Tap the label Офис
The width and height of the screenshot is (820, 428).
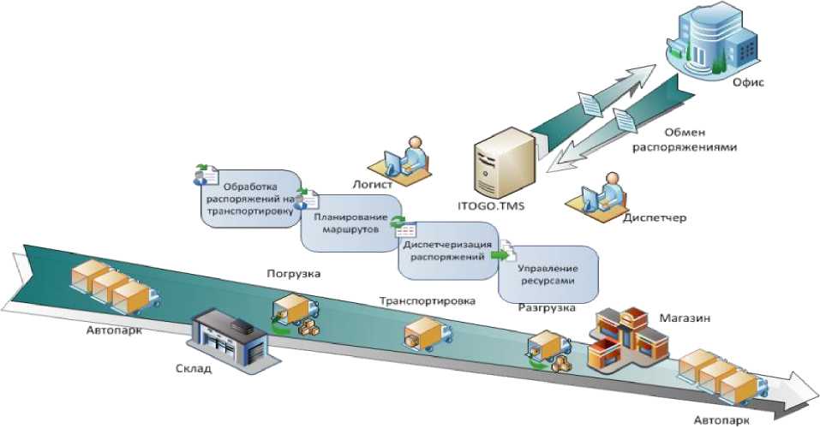pyautogui.click(x=748, y=82)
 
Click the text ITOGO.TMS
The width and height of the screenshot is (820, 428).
pyautogui.click(x=491, y=206)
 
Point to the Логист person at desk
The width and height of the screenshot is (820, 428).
pyautogui.click(x=400, y=159)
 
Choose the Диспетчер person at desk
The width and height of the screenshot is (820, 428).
pyautogui.click(x=597, y=195)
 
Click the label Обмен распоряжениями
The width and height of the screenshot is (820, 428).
pyautogui.click(x=685, y=140)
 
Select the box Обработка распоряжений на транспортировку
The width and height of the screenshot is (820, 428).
pyautogui.click(x=249, y=199)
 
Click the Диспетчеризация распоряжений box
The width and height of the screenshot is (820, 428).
pyautogui.click(x=447, y=251)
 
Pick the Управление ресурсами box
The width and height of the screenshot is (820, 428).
pyautogui.click(x=548, y=275)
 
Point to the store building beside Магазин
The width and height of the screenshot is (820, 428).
pyautogui.click(x=628, y=338)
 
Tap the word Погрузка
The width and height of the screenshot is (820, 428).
pyautogui.click(x=293, y=274)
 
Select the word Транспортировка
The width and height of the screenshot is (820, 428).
pyautogui.click(x=428, y=301)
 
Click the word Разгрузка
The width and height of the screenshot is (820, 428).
pyautogui.click(x=547, y=308)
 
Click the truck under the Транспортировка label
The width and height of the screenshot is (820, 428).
pyautogui.click(x=428, y=334)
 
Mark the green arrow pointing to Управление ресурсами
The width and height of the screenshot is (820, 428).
pyautogui.click(x=500, y=256)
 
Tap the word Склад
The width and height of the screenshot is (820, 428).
pyautogui.click(x=194, y=369)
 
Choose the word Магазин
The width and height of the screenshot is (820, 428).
pyautogui.click(x=685, y=318)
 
